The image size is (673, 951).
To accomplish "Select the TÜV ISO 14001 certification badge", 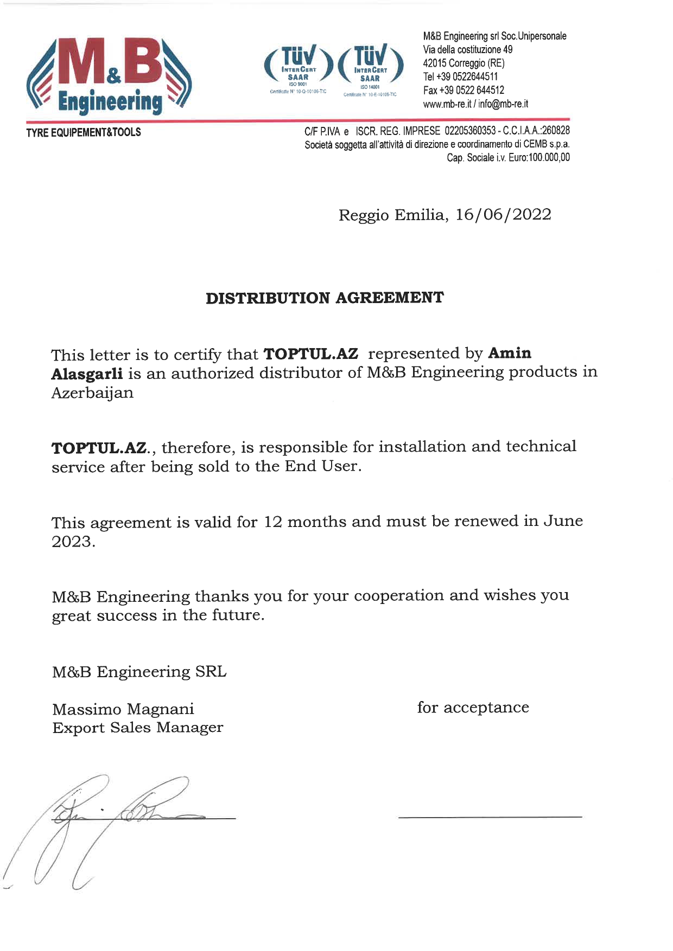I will pyautogui.click(x=371, y=68).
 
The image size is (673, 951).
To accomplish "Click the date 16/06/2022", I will pyautogui.click(x=503, y=215).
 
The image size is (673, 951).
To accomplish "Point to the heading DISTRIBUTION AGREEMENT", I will pyautogui.click(x=325, y=298).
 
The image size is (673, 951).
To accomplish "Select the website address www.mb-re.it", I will pyautogui.click(x=447, y=104).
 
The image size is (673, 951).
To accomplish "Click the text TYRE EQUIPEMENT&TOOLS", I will pyautogui.click(x=84, y=132).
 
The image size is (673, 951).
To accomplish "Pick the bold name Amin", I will pyautogui.click(x=510, y=354).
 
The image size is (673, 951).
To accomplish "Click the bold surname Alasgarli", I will pyautogui.click(x=87, y=374).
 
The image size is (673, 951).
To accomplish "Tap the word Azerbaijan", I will pyautogui.click(x=92, y=393).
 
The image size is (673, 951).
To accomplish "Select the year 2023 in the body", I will pyautogui.click(x=72, y=542).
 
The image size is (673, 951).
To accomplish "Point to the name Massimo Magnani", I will pyautogui.click(x=123, y=709).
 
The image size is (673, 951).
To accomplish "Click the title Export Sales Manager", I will pyautogui.click(x=137, y=728).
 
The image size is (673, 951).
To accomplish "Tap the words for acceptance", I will pyautogui.click(x=473, y=708).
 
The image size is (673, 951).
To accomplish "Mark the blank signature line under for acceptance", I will pyautogui.click(x=490, y=817).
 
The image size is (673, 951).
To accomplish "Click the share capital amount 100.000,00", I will pyautogui.click(x=549, y=158).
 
